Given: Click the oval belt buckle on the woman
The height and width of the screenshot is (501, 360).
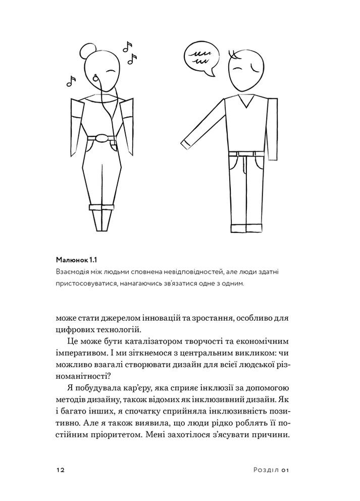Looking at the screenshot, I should (x=102, y=138).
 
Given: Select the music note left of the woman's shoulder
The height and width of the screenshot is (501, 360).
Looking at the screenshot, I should (x=71, y=80).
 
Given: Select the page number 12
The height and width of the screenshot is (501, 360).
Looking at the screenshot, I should (x=60, y=469).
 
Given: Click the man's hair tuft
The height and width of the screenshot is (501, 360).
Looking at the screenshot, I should (x=233, y=53).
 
